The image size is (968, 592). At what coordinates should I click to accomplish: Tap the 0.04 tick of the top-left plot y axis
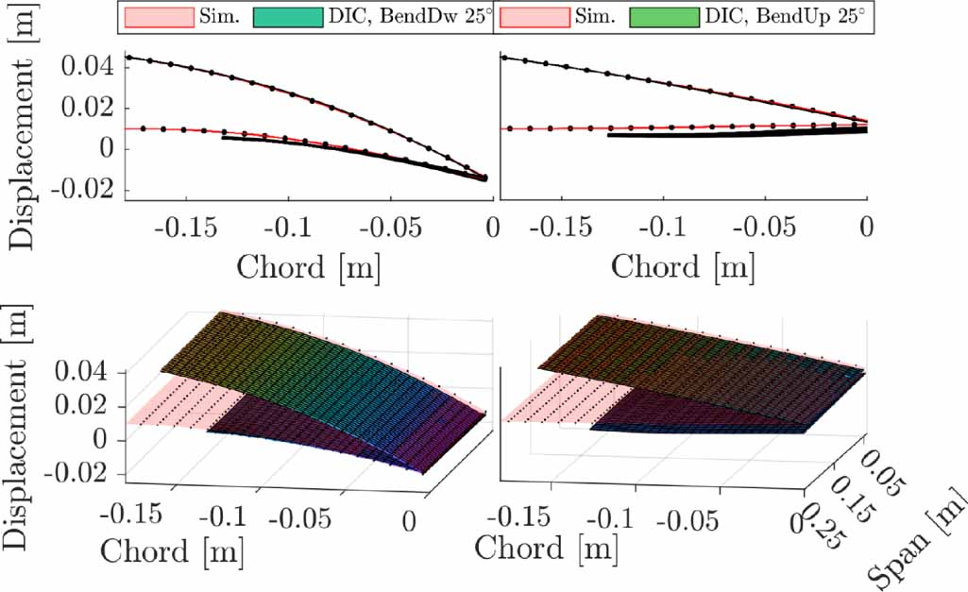[x=87, y=66]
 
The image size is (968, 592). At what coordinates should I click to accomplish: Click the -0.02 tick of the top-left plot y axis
[x=81, y=189]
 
